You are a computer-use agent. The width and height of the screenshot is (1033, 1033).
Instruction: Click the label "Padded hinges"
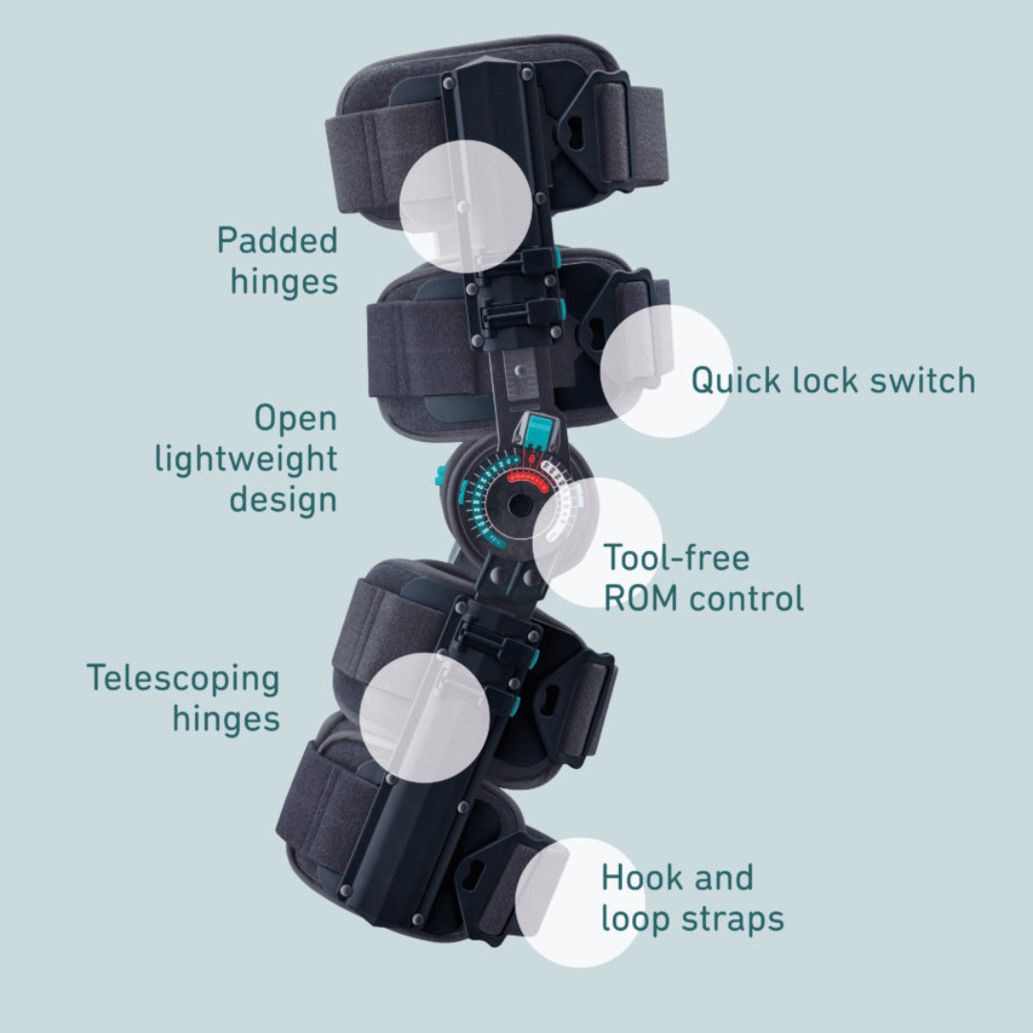click(277, 260)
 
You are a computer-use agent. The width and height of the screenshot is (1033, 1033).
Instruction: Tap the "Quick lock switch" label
click(833, 380)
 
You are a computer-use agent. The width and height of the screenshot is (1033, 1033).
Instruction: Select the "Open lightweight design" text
click(247, 459)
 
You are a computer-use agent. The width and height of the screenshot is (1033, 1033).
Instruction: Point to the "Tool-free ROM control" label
click(703, 578)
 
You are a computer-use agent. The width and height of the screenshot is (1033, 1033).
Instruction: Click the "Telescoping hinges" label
click(184, 698)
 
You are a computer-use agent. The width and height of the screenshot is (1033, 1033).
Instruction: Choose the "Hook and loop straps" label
click(692, 898)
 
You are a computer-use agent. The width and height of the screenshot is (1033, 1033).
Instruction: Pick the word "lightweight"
click(247, 460)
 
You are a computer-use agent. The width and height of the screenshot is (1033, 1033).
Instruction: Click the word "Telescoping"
click(184, 678)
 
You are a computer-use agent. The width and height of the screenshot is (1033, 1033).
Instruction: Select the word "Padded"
click(277, 240)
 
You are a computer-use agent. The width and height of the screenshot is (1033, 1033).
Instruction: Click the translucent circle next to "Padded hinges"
click(466, 206)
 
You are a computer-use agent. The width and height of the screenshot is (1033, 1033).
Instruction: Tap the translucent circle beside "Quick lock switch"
click(667, 371)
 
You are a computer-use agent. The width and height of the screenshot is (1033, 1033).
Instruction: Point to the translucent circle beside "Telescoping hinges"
click(425, 717)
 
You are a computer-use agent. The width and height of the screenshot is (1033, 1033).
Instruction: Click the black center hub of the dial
click(519, 504)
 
